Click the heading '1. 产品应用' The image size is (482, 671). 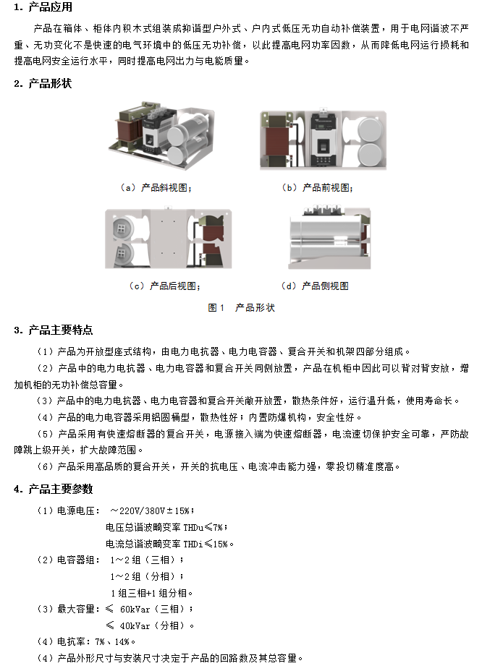(x=43, y=7)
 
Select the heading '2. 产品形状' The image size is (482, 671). (x=43, y=83)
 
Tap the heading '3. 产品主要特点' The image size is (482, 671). (x=53, y=330)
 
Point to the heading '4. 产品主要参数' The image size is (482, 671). (x=53, y=489)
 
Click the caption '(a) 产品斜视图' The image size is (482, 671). (x=156, y=187)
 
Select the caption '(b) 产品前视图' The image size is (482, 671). (x=317, y=187)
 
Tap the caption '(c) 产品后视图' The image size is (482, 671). (x=164, y=286)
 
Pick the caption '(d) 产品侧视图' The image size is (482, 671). (x=315, y=286)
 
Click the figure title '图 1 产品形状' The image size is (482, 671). (x=241, y=308)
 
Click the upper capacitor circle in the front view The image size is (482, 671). (x=370, y=130)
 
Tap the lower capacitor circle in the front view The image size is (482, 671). (x=370, y=155)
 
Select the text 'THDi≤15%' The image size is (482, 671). (x=206, y=544)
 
